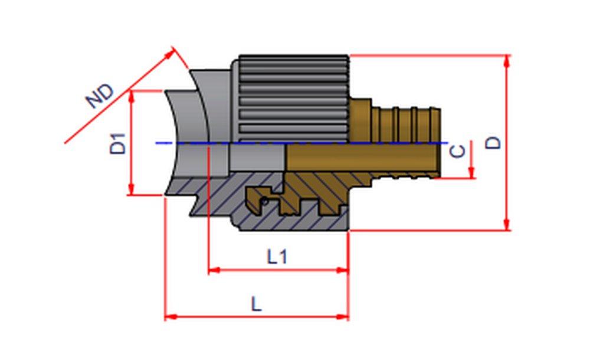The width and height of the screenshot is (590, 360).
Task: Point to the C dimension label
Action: pyautogui.click(x=457, y=151)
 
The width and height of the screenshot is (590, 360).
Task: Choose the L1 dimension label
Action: pyautogui.click(x=277, y=257)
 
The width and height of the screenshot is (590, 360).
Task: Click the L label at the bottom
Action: pyautogui.click(x=255, y=304)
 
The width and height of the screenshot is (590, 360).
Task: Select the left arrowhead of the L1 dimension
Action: pyautogui.click(x=214, y=270)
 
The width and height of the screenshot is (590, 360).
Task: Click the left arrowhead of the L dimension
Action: pyautogui.click(x=170, y=317)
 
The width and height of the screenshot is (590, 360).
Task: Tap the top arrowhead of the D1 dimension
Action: pyautogui.click(x=132, y=96)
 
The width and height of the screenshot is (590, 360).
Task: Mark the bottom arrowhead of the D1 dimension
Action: pyautogui.click(x=132, y=190)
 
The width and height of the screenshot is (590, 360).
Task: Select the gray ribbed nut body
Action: pyautogui.click(x=293, y=97)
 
